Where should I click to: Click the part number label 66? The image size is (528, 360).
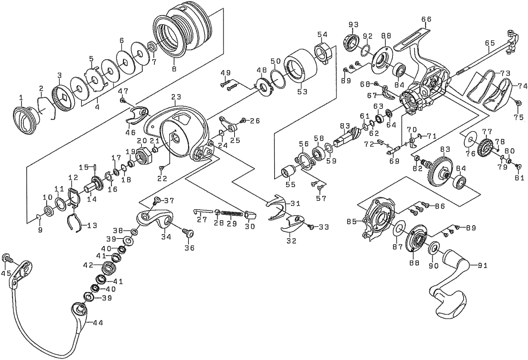point(426,19)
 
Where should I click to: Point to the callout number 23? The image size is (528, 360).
point(176,96)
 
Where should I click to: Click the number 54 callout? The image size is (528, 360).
point(322,34)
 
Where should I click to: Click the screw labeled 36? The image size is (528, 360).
point(187,233)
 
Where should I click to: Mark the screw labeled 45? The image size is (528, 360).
point(7,258)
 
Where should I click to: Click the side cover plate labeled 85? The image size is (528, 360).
point(378,217)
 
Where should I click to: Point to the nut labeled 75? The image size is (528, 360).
point(518,103)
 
